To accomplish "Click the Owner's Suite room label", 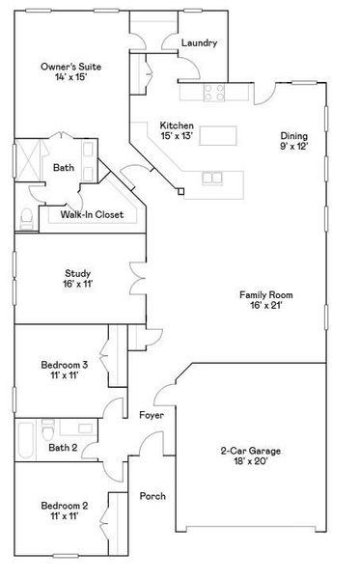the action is (x=70, y=67).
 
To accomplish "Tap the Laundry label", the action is (x=199, y=42).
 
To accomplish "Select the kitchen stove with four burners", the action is (x=214, y=93).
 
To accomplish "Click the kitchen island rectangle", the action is (x=218, y=135).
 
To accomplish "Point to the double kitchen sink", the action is (x=212, y=178).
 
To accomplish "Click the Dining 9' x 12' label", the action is (x=294, y=141).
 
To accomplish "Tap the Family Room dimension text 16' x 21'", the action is (x=265, y=305).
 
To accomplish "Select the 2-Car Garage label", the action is (x=251, y=451).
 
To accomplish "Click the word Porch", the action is (x=152, y=496).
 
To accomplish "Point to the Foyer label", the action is (x=152, y=415).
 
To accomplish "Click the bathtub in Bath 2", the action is (x=25, y=440).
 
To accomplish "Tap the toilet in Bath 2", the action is (x=48, y=429).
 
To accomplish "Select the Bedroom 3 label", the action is (x=65, y=365).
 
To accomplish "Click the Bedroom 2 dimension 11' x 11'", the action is (x=65, y=516).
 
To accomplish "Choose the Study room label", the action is (x=77, y=273).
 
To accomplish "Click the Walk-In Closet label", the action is (x=92, y=214).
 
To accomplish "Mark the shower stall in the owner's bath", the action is (x=29, y=160).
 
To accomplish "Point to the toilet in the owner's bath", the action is (x=27, y=218).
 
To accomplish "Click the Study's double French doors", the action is (x=137, y=279).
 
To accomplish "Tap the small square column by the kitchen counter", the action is (x=180, y=191).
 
